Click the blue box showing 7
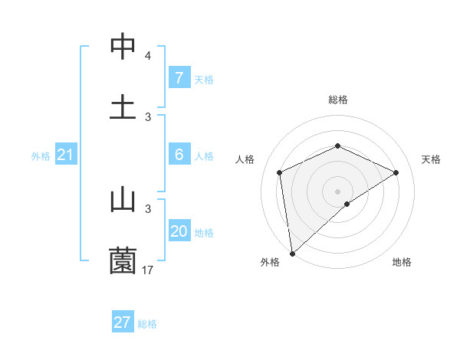tap(179, 78)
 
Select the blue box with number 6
tap(179, 155)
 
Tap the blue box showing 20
tap(179, 231)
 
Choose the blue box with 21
tap(65, 155)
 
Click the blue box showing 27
tap(123, 322)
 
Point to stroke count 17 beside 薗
tap(148, 270)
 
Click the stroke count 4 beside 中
tap(148, 56)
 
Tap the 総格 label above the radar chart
tap(337, 100)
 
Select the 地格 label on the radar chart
tap(402, 262)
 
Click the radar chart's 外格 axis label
tap(270, 262)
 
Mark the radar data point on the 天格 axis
tap(396, 172)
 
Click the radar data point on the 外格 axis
tap(292, 253)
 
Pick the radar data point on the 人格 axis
tap(280, 172)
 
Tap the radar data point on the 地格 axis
tap(347, 204)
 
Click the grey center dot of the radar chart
tap(337, 191)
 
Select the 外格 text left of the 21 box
tap(41, 156)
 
